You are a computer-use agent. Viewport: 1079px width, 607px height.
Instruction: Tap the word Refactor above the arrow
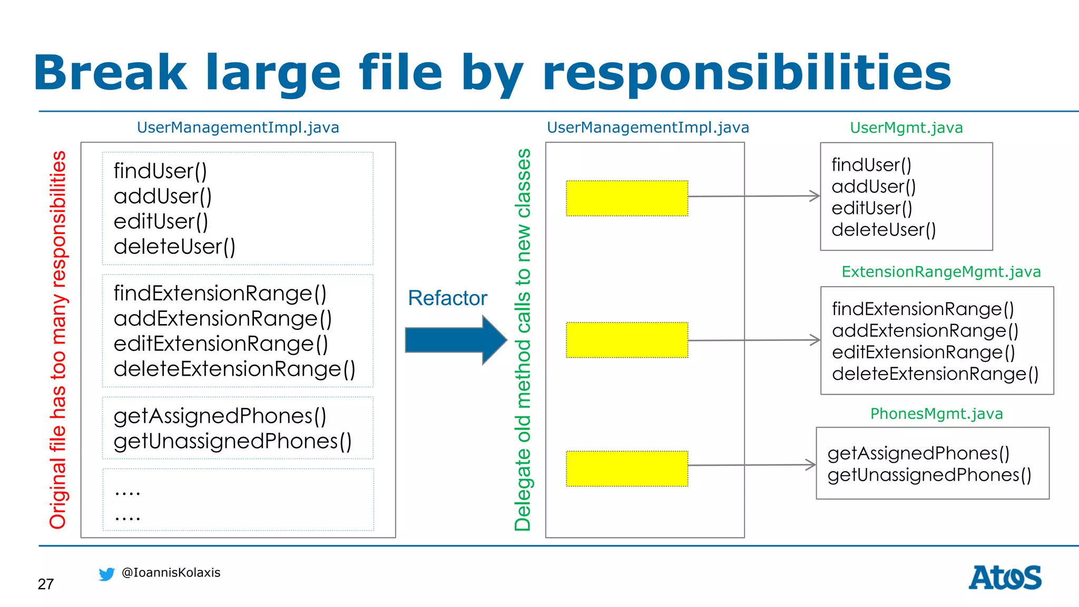click(x=447, y=298)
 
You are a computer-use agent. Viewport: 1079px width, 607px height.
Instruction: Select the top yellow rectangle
click(x=627, y=198)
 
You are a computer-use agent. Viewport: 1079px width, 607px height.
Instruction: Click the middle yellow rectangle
click(x=627, y=340)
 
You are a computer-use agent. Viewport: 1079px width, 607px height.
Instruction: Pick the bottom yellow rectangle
click(x=627, y=468)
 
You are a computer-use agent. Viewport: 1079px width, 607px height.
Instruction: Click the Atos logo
click(x=1005, y=577)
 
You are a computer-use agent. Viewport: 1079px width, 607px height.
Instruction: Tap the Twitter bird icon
click(x=106, y=574)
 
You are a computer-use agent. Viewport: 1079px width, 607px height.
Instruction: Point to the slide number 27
click(x=46, y=584)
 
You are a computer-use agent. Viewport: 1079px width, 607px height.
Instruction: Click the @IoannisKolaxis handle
click(x=171, y=572)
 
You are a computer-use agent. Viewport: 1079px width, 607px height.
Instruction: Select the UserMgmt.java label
click(x=906, y=128)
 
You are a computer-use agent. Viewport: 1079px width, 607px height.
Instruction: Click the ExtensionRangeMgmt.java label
click(x=941, y=272)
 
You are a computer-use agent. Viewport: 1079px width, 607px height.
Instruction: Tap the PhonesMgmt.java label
click(x=936, y=414)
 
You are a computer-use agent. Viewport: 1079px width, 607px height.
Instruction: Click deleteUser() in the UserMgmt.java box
click(x=884, y=230)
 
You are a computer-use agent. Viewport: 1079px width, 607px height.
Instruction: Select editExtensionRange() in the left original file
click(x=221, y=344)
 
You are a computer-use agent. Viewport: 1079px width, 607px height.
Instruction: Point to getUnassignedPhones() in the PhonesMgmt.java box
click(x=929, y=475)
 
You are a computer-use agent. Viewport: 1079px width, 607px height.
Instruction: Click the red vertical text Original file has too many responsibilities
click(x=58, y=340)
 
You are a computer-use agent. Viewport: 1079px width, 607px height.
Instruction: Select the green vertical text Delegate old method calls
click(x=523, y=340)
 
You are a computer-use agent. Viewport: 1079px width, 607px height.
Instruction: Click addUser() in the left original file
click(x=162, y=197)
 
